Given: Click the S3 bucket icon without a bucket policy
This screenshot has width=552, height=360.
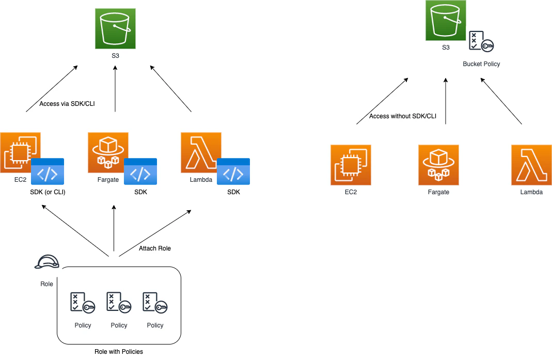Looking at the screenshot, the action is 115,28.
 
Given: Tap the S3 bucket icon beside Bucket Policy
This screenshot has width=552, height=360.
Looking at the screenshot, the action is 446,21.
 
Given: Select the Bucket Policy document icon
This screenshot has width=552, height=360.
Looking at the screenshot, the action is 481,41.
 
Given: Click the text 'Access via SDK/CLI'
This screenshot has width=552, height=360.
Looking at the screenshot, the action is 67,104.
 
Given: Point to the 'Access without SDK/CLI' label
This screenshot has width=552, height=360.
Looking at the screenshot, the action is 403,116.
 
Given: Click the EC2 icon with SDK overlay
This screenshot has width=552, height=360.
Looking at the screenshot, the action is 20,152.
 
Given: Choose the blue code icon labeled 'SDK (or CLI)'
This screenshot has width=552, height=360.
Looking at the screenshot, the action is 48,171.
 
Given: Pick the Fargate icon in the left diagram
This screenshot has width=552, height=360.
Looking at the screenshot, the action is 108,152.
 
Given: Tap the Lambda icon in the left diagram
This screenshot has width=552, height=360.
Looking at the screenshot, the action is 201,152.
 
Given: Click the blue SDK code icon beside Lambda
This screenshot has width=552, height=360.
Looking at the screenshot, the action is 233,171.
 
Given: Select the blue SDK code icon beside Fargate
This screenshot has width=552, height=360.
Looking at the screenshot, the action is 140,171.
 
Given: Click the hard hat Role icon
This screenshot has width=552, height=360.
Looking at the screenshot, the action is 47,262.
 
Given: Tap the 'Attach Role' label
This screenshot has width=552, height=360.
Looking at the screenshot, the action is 155,248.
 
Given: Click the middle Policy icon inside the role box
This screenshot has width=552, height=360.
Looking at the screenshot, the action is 119,302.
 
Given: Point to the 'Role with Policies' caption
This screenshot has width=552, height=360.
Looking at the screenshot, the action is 119,352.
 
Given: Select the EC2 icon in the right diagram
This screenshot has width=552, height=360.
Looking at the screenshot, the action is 351,165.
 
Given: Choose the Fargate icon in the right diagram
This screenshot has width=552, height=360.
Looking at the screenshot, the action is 438,165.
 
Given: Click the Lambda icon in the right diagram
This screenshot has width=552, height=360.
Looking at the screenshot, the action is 531,165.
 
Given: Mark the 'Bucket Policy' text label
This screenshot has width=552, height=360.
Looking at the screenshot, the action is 481,64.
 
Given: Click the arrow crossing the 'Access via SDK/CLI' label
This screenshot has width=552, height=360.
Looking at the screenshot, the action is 52,89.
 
